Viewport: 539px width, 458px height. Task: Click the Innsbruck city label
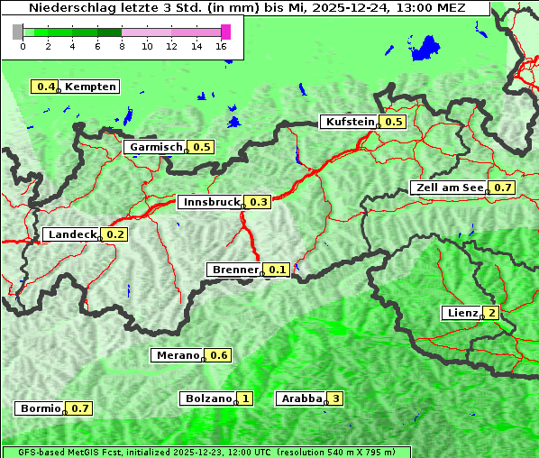211,202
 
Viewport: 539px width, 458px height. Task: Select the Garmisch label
155,147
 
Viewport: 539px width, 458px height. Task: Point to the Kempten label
90,87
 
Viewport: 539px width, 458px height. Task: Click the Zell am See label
448,188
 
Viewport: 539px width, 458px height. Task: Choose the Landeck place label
71,234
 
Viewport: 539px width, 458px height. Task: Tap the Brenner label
234,270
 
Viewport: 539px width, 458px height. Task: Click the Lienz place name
461,313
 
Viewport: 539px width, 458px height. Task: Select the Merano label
176,355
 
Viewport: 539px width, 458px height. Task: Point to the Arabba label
301,398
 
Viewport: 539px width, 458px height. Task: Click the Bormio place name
40,408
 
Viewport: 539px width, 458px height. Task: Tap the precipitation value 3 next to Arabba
336,398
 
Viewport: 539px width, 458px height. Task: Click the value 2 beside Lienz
490,313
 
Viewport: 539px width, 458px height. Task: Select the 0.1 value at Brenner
277,270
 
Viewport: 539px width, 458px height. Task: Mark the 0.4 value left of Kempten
45,87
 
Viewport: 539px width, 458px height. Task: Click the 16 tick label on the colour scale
221,46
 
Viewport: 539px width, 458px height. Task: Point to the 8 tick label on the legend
122,46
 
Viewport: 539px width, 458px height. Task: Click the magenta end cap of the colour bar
225,32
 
